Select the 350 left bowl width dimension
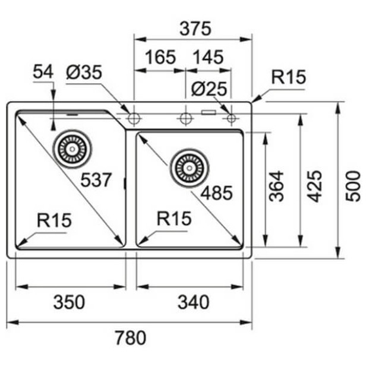click(69, 302)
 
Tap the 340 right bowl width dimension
click(193, 302)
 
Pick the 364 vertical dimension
click(277, 186)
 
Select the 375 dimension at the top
click(194, 28)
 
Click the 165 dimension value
click(160, 57)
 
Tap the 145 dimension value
click(207, 57)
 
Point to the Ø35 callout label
click(84, 72)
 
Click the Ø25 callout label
click(209, 89)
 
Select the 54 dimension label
click(43, 72)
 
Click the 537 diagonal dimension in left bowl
click(96, 180)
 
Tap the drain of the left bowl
click(73, 148)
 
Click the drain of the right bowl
click(189, 167)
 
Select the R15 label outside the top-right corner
click(288, 77)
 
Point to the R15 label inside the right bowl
click(174, 219)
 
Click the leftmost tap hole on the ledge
click(134, 118)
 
